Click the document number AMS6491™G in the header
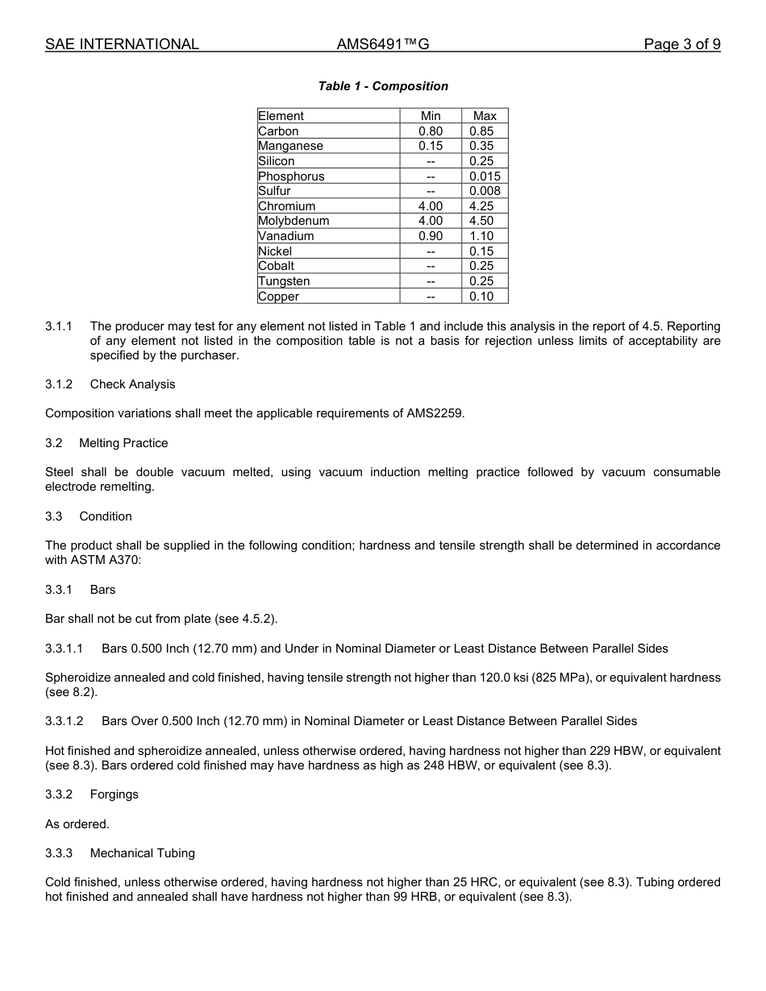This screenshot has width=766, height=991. coord(382,44)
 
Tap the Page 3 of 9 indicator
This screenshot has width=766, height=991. coord(681,44)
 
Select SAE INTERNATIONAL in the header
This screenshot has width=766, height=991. coord(122,44)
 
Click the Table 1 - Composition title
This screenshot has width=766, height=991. coord(383,86)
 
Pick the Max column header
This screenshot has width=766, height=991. coord(485,116)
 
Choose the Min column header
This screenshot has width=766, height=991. coord(431,116)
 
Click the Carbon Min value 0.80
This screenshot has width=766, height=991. coord(431,131)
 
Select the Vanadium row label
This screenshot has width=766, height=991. coord(285,236)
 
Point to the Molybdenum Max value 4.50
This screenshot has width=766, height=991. coord(481,221)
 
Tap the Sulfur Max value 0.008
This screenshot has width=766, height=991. coord(485,191)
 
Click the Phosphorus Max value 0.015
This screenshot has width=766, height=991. coord(485,176)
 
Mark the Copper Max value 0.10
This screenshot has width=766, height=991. coord(481,296)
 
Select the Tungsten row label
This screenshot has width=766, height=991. coord(284,281)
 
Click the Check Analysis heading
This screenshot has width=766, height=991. coord(132,384)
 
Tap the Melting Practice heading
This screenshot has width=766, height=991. coord(123,443)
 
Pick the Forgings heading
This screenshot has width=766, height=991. coord(114,794)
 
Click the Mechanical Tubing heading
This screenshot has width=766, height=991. coord(142,853)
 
